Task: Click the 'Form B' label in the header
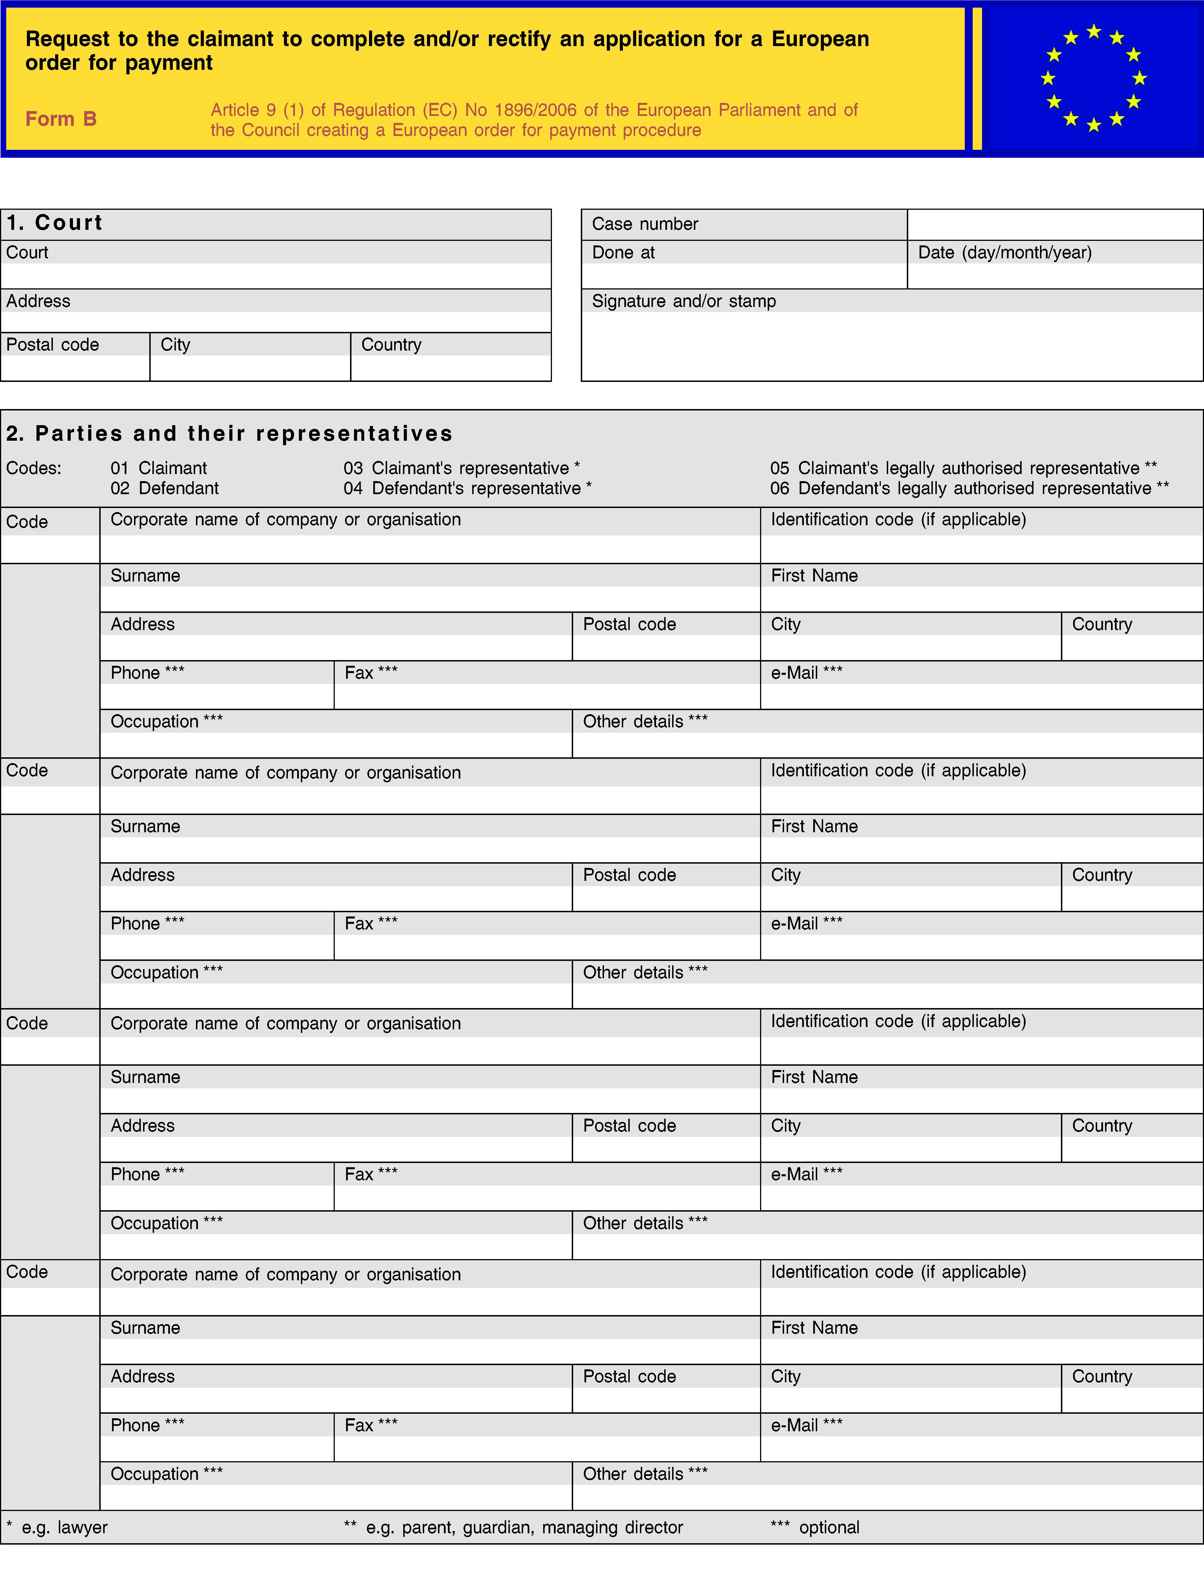point(61,119)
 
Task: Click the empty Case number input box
point(1054,224)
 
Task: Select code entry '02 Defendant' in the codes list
point(164,488)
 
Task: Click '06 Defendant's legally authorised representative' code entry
point(969,488)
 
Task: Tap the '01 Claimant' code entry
point(158,468)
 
